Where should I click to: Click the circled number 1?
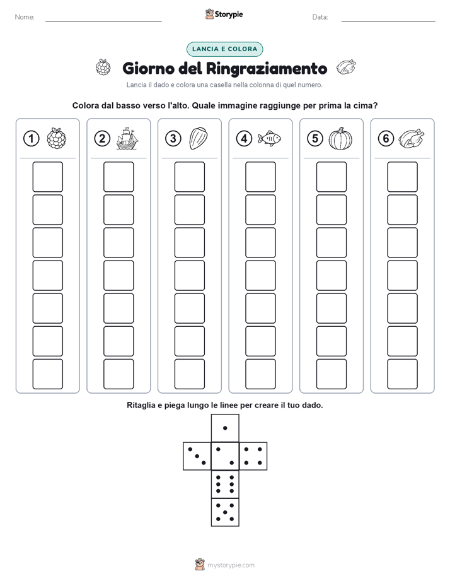[x=31, y=139]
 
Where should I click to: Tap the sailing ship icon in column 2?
[x=127, y=138]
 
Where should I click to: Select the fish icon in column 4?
[x=269, y=138]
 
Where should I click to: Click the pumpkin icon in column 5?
[x=340, y=139]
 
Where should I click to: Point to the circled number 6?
[x=386, y=139]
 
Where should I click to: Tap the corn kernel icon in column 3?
[x=199, y=139]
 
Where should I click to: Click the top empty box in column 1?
[x=47, y=177]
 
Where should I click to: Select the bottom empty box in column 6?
[x=402, y=374]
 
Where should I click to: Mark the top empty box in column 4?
[x=260, y=177]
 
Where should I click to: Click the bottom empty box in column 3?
[x=189, y=374]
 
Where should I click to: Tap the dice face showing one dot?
[x=225, y=428]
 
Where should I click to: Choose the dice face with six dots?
[x=225, y=484]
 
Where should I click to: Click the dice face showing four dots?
[x=253, y=456]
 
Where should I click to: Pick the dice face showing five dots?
[x=225, y=512]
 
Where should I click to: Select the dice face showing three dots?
[x=197, y=456]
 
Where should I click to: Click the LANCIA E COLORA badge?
[x=224, y=49]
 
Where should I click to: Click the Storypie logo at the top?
[x=224, y=15]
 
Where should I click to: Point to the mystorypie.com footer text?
[x=231, y=565]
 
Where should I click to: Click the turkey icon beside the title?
[x=346, y=68]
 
